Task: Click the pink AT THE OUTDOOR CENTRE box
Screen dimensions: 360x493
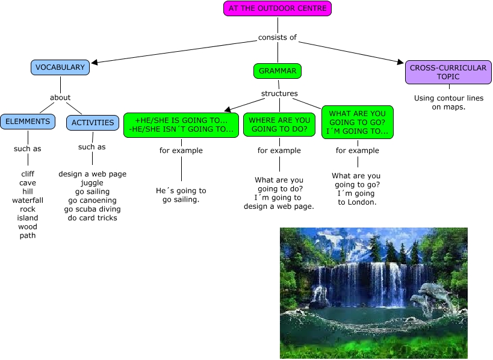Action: pyautogui.click(x=278, y=8)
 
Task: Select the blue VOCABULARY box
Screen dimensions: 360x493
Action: pyautogui.click(x=60, y=67)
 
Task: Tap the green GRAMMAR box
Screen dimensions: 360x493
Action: pyautogui.click(x=278, y=71)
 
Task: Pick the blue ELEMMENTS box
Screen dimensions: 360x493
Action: pyautogui.click(x=28, y=122)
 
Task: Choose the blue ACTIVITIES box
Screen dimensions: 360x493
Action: pyautogui.click(x=93, y=123)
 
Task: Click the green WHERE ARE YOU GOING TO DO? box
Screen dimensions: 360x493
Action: pyautogui.click(x=279, y=125)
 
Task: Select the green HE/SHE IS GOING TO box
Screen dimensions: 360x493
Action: pyautogui.click(x=181, y=125)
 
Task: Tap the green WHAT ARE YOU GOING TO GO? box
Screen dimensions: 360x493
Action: pyautogui.click(x=357, y=123)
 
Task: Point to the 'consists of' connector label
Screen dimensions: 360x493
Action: pyautogui.click(x=278, y=37)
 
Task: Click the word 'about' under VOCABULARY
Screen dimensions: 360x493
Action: pyautogui.click(x=60, y=98)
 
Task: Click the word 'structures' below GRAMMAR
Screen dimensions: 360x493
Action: pyautogui.click(x=279, y=93)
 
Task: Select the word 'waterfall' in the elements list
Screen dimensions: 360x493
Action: pyautogui.click(x=28, y=200)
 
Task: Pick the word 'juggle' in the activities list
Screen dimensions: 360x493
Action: pyautogui.click(x=92, y=183)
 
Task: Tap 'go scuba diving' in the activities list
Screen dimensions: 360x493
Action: pyautogui.click(x=92, y=209)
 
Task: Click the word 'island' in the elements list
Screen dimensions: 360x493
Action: pyautogui.click(x=28, y=218)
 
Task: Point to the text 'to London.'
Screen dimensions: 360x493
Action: pyautogui.click(x=357, y=202)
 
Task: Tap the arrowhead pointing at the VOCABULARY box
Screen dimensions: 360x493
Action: pyautogui.click(x=94, y=61)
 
